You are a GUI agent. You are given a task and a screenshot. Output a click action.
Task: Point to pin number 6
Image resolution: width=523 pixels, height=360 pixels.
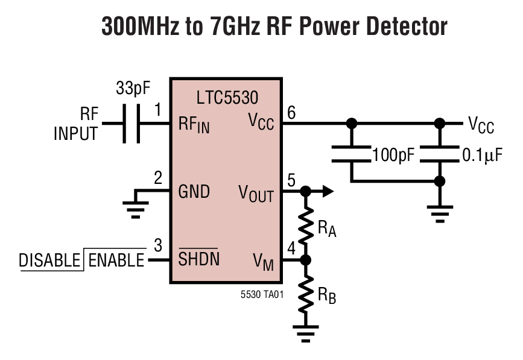(x=291, y=112)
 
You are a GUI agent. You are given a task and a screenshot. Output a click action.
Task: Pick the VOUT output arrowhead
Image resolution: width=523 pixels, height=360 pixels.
(x=327, y=192)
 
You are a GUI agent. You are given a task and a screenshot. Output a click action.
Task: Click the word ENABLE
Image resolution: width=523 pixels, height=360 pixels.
(x=116, y=261)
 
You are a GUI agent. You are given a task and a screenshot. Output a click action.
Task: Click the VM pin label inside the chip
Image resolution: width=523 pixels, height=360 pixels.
(x=263, y=261)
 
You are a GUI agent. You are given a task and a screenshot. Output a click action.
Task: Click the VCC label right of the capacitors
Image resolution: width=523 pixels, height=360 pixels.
(x=481, y=125)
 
